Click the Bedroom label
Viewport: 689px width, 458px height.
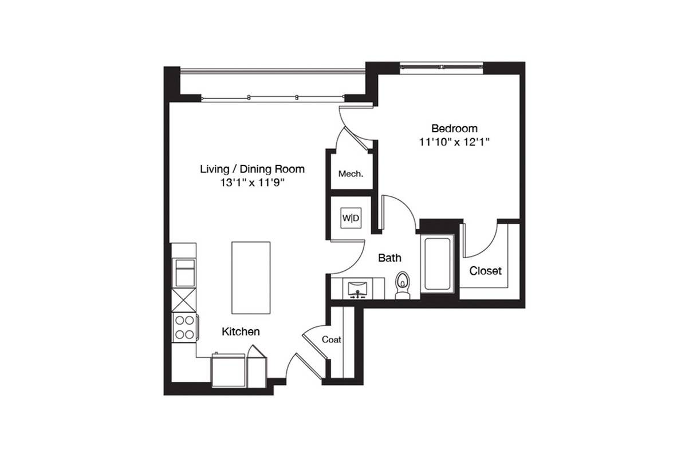[x=454, y=128]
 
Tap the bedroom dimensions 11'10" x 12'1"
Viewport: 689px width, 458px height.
[x=454, y=142]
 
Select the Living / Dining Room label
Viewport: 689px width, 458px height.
[x=252, y=169]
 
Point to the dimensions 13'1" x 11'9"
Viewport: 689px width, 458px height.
[x=252, y=183]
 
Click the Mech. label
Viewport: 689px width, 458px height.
[x=351, y=174]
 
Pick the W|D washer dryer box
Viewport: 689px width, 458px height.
[x=351, y=218]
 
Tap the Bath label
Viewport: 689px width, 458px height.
[x=389, y=258]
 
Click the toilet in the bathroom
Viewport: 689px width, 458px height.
[x=403, y=285]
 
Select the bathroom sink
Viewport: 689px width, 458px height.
[x=357, y=290]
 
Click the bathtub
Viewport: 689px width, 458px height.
[x=437, y=264]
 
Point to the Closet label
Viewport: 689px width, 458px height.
[x=485, y=271]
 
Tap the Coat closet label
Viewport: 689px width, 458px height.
[x=331, y=339]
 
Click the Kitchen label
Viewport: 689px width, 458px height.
[x=241, y=331]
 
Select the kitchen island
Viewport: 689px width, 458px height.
[x=251, y=278]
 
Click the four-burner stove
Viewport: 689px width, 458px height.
[x=184, y=327]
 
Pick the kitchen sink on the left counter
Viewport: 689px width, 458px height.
[x=185, y=273]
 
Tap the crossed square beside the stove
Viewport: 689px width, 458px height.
[x=184, y=300]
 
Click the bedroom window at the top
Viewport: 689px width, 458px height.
[x=441, y=67]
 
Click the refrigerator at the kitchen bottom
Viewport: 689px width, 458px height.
[x=228, y=370]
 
